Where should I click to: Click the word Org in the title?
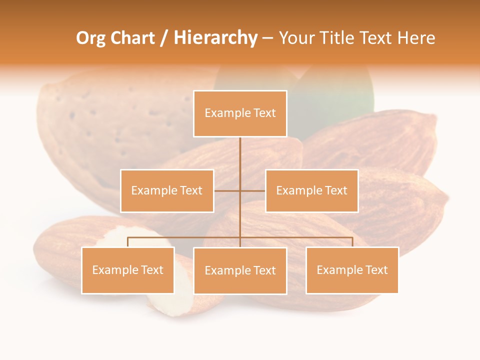[90, 38]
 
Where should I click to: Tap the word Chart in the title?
[132, 38]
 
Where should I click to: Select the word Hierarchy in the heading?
[215, 38]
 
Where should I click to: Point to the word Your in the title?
[295, 38]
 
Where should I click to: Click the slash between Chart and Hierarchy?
[164, 38]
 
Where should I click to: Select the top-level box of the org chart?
[240, 113]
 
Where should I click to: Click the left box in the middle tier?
[167, 190]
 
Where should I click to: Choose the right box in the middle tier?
[311, 190]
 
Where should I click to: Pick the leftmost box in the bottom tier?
[127, 270]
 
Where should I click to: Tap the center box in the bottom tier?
[240, 270]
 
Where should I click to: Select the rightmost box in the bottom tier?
[352, 270]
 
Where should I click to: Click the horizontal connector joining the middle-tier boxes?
[252, 190]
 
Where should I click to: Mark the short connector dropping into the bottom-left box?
[127, 242]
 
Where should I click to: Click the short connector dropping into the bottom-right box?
[352, 242]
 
